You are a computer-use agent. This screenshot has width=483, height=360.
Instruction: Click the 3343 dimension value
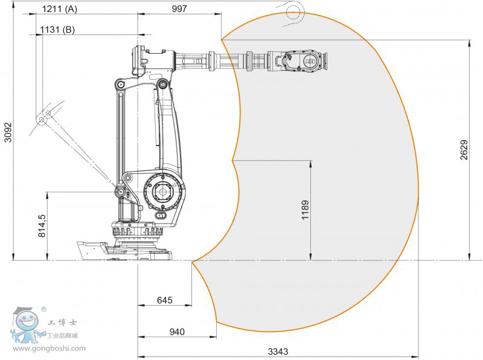(278, 352)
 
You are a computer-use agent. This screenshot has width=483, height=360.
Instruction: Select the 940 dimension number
(177, 332)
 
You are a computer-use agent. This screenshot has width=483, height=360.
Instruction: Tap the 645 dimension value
(164, 300)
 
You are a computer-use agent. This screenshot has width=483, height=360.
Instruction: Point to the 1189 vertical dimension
(305, 210)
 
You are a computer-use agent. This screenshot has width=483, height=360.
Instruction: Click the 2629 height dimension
(464, 150)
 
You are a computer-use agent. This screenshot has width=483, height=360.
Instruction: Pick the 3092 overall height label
(8, 132)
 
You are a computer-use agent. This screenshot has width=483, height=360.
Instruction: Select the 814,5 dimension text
(42, 226)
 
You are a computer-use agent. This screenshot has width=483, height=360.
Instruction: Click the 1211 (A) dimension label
(59, 9)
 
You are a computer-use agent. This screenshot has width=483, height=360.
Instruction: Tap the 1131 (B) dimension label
(57, 30)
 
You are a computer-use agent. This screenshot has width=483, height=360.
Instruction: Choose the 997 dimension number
(179, 8)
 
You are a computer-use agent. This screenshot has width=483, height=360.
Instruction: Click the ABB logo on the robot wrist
(310, 61)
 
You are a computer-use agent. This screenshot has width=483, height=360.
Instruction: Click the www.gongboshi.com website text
(49, 349)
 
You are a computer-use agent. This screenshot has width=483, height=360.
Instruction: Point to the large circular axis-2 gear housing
(162, 192)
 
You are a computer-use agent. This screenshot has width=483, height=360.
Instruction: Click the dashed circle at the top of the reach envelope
(293, 11)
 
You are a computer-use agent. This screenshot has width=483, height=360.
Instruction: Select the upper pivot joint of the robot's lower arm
(162, 83)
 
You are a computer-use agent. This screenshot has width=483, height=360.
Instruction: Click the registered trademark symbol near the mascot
(43, 309)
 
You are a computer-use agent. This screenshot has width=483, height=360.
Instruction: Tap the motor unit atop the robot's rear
(139, 61)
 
